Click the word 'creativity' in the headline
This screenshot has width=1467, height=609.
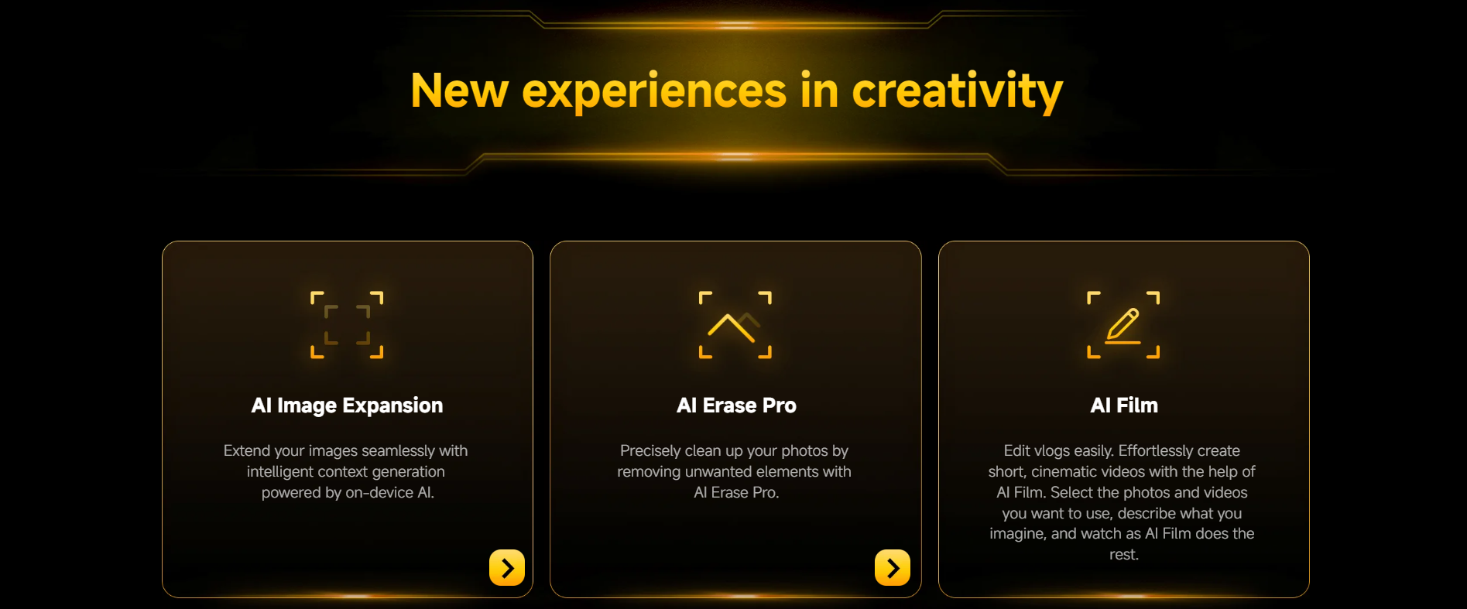click(957, 91)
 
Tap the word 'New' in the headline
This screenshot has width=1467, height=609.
click(459, 91)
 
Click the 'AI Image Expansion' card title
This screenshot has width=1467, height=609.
click(347, 405)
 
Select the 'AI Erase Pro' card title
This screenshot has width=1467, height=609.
click(736, 405)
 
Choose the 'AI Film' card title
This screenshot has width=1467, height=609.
click(1124, 405)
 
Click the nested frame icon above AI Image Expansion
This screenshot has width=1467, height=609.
click(347, 325)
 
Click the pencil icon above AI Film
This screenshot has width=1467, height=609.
click(1123, 325)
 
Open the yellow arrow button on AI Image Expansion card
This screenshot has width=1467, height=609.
click(507, 568)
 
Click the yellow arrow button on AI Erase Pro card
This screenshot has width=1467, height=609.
click(893, 568)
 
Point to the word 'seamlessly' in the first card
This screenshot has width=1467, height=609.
click(398, 450)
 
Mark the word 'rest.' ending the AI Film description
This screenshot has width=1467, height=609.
click(1124, 555)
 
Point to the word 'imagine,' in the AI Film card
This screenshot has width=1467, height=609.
click(1018, 534)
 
